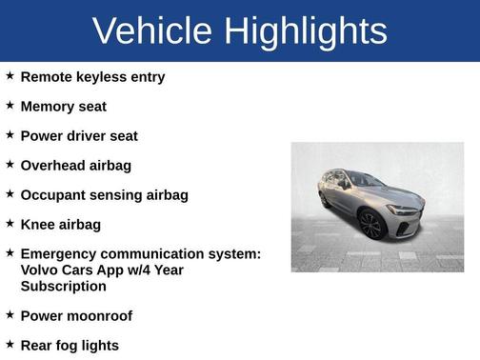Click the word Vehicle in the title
152,31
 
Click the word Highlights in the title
306,31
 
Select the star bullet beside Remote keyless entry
10,76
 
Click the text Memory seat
63,107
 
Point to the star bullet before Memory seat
10,106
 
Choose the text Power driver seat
79,136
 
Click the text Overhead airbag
76,166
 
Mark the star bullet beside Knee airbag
10,224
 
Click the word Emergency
60,254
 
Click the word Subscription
63,286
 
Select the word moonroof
99,316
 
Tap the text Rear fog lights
70,346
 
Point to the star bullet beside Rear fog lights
10,345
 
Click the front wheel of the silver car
371,225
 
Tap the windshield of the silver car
366,179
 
